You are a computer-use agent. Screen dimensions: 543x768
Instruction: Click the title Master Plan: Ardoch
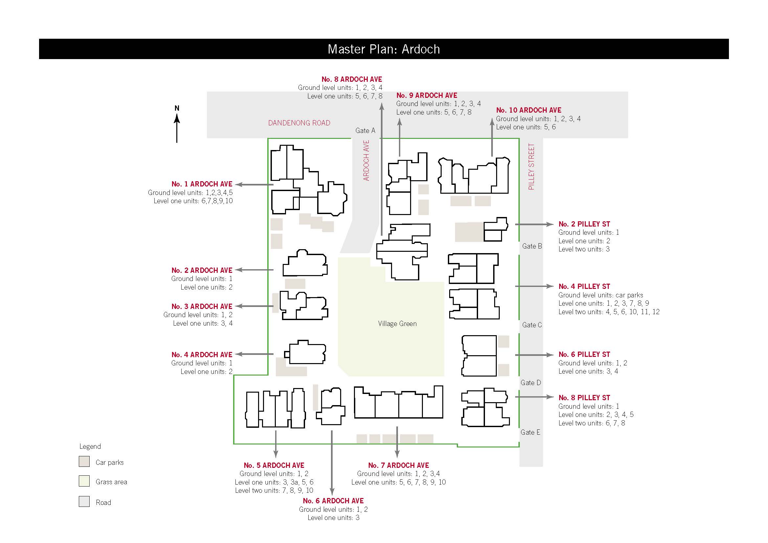coord(384,49)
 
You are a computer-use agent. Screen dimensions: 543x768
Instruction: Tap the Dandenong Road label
coord(299,123)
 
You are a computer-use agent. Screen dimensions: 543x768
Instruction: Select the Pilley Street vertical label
coord(531,166)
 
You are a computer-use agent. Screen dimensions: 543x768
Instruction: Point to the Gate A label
coord(365,130)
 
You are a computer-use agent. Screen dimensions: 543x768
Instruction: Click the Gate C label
coord(532,325)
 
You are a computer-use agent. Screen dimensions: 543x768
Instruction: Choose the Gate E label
coord(530,432)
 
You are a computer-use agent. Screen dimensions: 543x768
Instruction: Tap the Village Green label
coord(397,323)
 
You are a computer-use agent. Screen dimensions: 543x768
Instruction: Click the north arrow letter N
coord(177,108)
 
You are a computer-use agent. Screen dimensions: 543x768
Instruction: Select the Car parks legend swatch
coord(84,461)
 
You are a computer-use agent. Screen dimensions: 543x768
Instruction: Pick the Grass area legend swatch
coord(84,481)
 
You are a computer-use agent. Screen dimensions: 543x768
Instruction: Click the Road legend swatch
coord(84,501)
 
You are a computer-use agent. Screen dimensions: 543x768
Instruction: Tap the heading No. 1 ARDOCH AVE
coord(202,184)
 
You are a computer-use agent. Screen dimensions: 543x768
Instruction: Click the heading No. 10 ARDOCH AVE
coord(529,110)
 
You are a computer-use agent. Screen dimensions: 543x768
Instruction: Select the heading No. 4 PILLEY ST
coord(584,286)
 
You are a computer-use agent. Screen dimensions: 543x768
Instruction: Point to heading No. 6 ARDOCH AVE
coord(333,501)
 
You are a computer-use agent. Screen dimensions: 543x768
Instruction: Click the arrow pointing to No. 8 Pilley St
coord(534,397)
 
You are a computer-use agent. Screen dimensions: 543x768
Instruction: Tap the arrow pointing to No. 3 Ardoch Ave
coord(254,306)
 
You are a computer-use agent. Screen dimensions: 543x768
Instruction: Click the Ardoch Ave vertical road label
coord(366,161)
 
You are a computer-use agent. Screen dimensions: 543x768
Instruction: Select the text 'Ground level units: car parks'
coord(601,295)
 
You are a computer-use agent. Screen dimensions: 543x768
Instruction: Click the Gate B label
coord(532,246)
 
